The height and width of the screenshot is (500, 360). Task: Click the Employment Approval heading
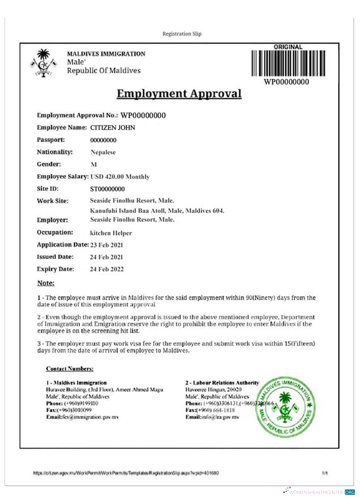coord(179,93)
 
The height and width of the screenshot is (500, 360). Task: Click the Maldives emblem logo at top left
coord(44,62)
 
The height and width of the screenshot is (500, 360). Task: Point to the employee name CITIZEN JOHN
coord(112,127)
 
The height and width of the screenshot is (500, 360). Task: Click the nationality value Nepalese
coord(103,152)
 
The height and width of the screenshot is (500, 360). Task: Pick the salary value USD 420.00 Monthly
coord(120,176)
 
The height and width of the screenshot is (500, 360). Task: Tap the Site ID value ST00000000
coord(107,189)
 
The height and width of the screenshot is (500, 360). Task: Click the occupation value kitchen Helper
coord(110,233)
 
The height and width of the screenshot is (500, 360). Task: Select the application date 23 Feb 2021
coord(106,245)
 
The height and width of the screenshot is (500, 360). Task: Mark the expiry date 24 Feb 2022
coord(106,269)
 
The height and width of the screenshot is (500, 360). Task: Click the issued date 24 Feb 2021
coord(106,257)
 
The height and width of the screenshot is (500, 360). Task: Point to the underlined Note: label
coord(46,283)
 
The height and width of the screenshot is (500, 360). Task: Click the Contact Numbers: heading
coord(69,369)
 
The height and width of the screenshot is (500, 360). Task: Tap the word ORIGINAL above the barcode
coord(288,47)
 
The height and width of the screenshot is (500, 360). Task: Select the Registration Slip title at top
coord(182,34)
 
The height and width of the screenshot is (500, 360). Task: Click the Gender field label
coord(49,164)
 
